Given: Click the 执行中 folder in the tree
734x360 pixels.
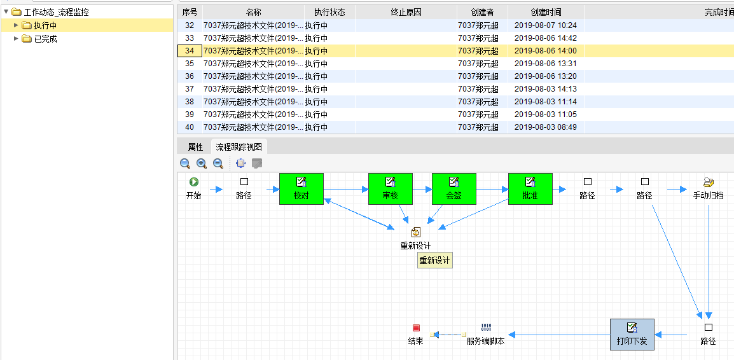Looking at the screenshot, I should tap(45, 25).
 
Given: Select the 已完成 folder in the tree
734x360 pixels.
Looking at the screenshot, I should tap(45, 39).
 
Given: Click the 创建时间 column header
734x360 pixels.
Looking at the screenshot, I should tap(546, 12).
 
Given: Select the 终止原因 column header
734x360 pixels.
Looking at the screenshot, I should tap(406, 12).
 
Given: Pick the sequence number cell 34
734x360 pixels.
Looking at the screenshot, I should tap(190, 51).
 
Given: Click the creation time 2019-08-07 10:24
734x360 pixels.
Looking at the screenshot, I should tap(546, 25).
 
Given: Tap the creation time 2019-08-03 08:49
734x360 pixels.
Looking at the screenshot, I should tap(546, 127).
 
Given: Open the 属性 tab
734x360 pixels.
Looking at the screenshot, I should tap(195, 147).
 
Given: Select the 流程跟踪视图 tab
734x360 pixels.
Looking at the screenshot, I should tap(239, 147).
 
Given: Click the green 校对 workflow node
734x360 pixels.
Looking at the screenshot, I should tap(301, 189).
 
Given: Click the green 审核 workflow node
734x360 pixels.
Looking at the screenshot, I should tap(391, 189).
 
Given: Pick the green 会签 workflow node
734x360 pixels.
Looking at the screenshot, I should tap(454, 189).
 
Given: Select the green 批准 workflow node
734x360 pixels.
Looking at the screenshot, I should tap(530, 189).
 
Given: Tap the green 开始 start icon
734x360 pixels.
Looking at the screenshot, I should tap(194, 182).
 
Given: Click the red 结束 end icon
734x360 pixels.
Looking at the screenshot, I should tap(416, 328).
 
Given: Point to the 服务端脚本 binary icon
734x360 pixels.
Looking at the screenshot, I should tap(486, 328).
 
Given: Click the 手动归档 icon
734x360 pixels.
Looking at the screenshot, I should tap(709, 182).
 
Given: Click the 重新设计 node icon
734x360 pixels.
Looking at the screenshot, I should tap(416, 233).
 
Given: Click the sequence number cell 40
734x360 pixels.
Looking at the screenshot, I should tap(190, 127).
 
